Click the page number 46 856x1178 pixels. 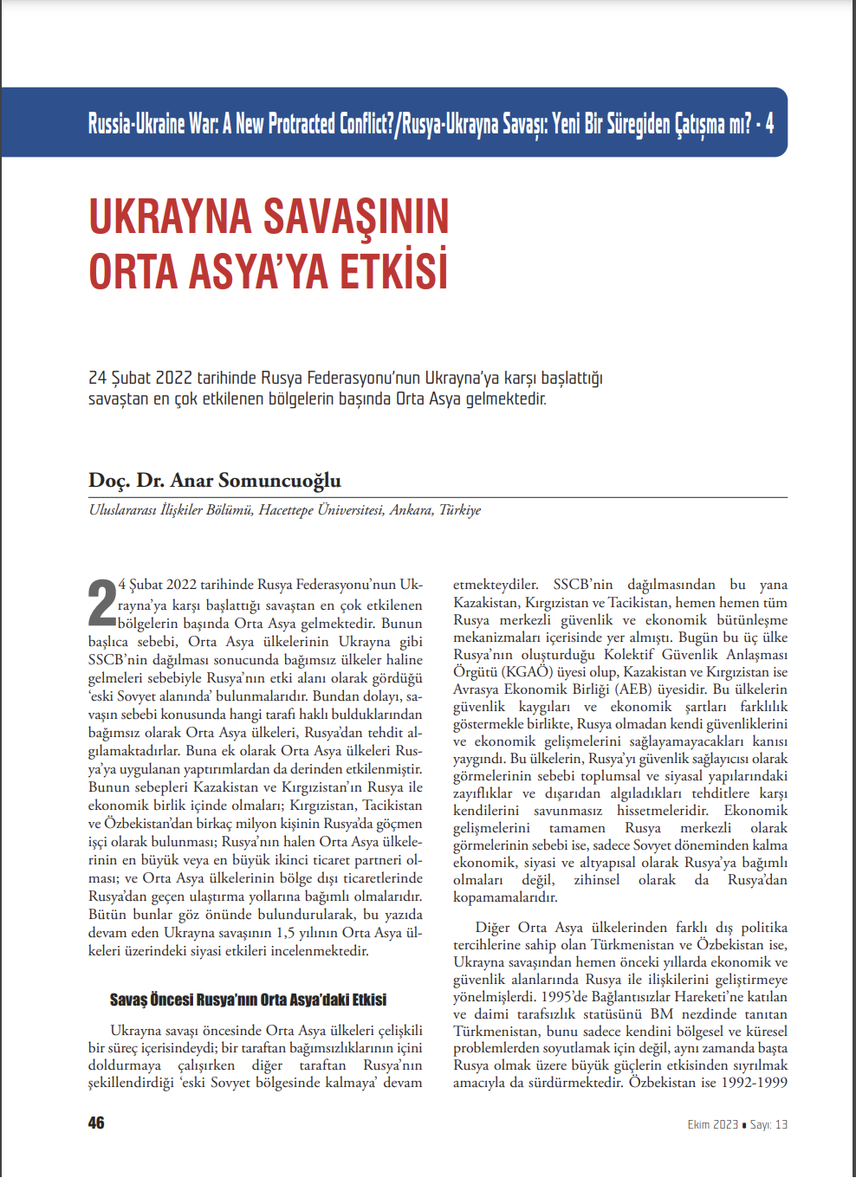click(x=96, y=1123)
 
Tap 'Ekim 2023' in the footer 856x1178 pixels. click(x=712, y=1124)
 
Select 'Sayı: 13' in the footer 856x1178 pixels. click(x=768, y=1124)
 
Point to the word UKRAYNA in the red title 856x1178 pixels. click(x=170, y=217)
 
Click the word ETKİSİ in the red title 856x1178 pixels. click(x=393, y=271)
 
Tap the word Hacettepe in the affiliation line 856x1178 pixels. click(x=286, y=510)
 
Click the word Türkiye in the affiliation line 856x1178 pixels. click(x=459, y=510)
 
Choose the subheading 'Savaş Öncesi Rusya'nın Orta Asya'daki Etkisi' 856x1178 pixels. click(x=248, y=1000)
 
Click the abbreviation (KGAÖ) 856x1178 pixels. click(x=527, y=672)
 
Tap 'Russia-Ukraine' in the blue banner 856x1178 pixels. click(x=136, y=124)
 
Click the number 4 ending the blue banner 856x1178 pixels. click(x=769, y=124)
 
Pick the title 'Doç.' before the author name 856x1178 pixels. click(x=109, y=481)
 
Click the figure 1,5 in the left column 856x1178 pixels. click(x=286, y=933)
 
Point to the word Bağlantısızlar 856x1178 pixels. click(x=637, y=996)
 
